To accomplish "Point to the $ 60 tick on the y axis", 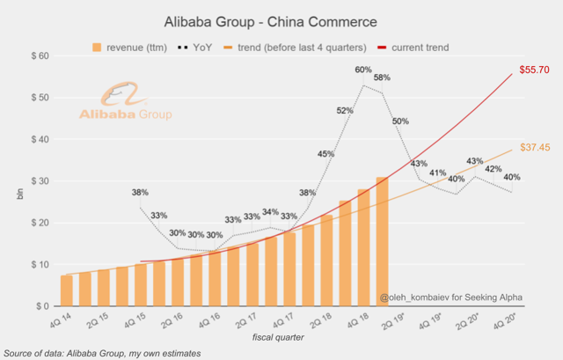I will coord(35,56).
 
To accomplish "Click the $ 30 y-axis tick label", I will coord(35,181).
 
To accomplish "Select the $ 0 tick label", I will coord(39,306).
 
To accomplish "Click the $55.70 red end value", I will coord(534,69).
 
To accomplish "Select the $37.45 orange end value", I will coord(534,148).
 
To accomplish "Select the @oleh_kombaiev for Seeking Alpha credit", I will coord(449,298).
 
